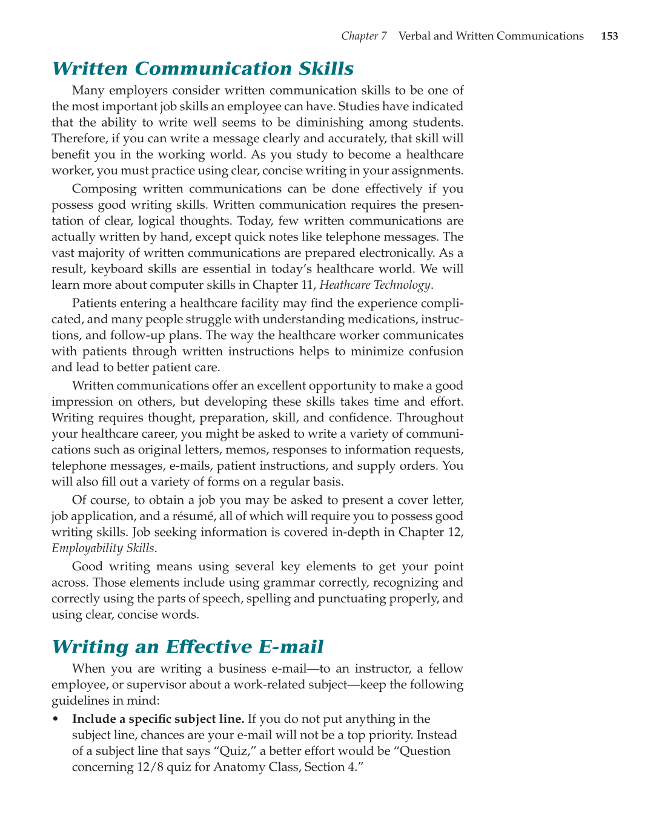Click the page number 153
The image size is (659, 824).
pyautogui.click(x=609, y=36)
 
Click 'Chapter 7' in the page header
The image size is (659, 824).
pyautogui.click(x=363, y=36)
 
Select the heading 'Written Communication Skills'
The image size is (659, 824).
pyautogui.click(x=203, y=69)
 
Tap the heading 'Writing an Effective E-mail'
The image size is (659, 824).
pyautogui.click(x=188, y=647)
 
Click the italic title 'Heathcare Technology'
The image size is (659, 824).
pyautogui.click(x=375, y=285)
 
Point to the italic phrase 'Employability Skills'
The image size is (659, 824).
pyautogui.click(x=103, y=549)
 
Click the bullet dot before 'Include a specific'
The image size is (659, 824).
pyautogui.click(x=56, y=720)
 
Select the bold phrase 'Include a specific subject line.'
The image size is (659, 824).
pyautogui.click(x=158, y=719)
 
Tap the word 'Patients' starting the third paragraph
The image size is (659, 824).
pyautogui.click(x=95, y=303)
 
